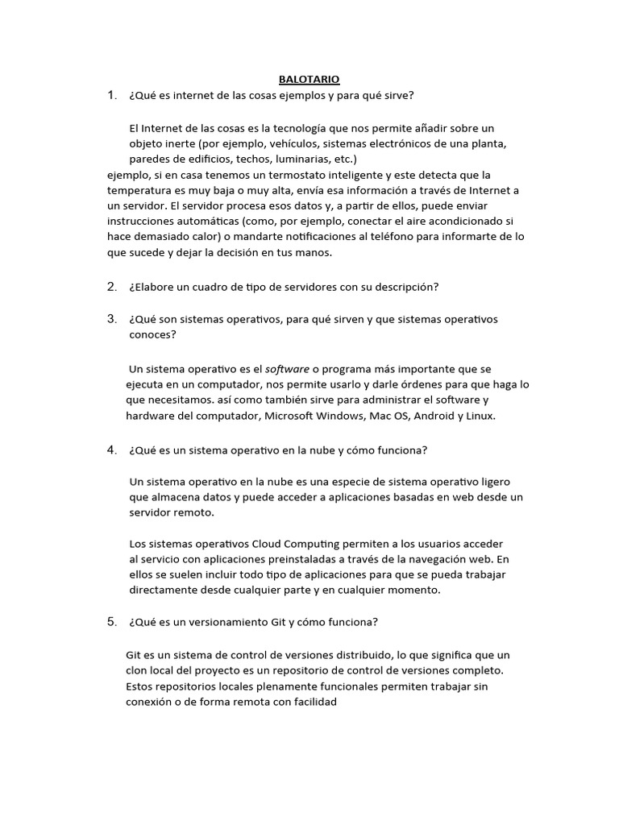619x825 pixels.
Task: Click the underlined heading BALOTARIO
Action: (309, 79)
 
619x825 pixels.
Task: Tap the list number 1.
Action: (112, 96)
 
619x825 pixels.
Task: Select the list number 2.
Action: (112, 287)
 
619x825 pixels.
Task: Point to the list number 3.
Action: (112, 319)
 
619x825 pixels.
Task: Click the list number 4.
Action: (112, 450)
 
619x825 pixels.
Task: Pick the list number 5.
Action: (112, 622)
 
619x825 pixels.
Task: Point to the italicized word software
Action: (288, 369)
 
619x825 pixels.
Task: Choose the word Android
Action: (435, 416)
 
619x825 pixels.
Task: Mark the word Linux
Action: (480, 416)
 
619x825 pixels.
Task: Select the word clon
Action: (138, 670)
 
